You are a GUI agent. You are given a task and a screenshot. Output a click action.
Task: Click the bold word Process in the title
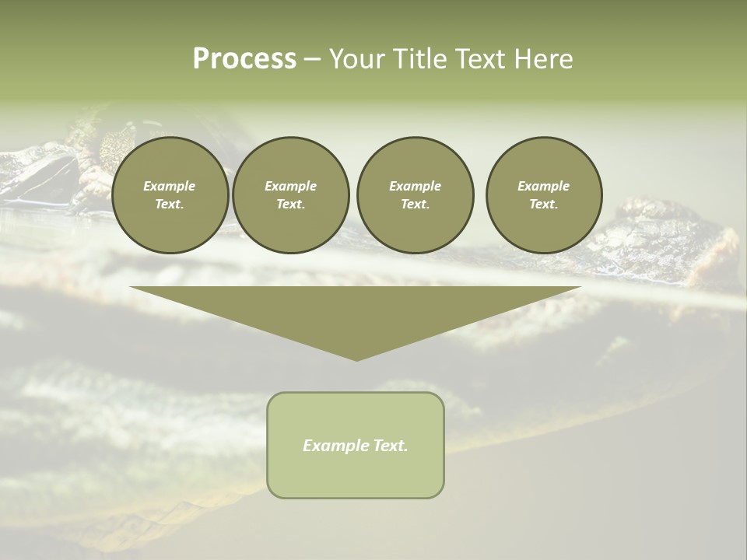tap(244, 59)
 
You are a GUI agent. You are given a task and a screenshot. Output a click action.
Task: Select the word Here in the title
tap(542, 59)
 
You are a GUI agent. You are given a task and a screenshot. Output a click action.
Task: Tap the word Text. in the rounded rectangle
tap(390, 446)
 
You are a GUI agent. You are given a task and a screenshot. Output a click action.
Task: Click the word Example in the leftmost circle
tap(170, 186)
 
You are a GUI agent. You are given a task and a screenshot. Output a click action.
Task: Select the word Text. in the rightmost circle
tap(544, 204)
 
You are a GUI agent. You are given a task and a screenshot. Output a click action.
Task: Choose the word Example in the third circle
tap(415, 186)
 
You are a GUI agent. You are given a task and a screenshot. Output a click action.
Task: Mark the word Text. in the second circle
tap(290, 204)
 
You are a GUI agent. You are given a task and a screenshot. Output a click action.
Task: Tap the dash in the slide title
tap(312, 59)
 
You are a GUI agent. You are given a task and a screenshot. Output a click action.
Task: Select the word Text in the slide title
tap(479, 59)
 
